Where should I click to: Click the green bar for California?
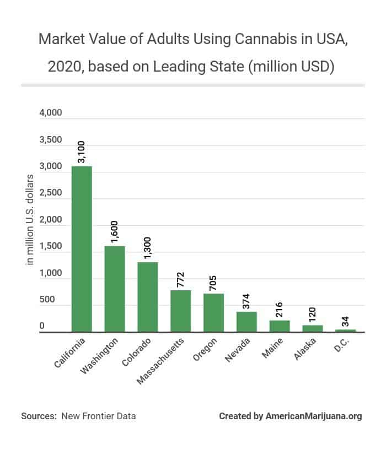pos(82,249)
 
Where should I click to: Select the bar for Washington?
pos(115,289)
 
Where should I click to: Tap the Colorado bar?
pos(147,297)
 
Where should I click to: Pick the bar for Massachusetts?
pos(180,311)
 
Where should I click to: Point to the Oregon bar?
pos(213,313)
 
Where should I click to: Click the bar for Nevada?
pos(246,322)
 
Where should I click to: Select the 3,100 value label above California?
pos(82,151)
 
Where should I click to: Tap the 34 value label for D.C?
pos(345,321)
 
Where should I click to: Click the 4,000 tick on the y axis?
pos(51,113)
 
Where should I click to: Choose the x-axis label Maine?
pos(272,348)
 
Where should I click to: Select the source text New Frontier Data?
pos(99,416)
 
